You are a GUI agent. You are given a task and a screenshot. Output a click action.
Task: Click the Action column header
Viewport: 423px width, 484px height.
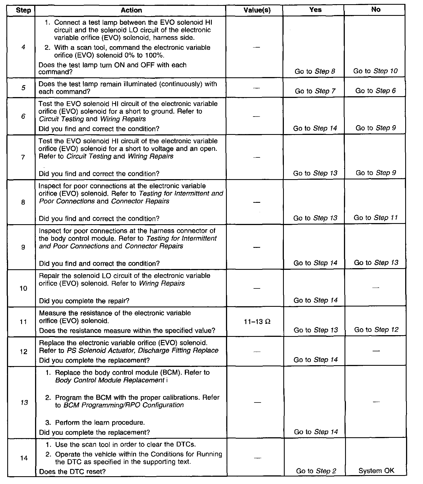(131, 10)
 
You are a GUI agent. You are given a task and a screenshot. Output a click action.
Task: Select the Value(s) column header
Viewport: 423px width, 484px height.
(257, 10)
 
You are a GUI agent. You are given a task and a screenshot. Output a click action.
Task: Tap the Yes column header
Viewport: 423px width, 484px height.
(315, 10)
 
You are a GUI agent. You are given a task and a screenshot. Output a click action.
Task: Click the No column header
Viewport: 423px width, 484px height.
(376, 9)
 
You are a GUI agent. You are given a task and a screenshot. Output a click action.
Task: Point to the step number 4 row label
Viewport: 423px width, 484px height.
(23, 47)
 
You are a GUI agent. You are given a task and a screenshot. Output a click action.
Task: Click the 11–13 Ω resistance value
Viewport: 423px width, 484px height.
(257, 322)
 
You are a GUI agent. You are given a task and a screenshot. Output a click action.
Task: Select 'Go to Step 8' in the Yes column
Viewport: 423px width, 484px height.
(315, 71)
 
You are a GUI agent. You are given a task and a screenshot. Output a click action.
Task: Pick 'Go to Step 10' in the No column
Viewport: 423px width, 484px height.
(375, 71)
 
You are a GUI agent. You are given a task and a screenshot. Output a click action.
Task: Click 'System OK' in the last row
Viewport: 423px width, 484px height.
(376, 471)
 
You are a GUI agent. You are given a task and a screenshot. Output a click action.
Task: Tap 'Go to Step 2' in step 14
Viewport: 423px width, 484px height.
(316, 471)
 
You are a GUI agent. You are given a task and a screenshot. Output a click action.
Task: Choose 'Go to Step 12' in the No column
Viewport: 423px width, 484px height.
(376, 330)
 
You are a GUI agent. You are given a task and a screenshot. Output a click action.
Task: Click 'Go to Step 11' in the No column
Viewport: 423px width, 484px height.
(375, 218)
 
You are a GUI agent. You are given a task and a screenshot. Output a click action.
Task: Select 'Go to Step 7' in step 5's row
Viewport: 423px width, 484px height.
(315, 91)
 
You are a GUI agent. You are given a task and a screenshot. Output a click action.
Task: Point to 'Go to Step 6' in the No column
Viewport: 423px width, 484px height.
(375, 91)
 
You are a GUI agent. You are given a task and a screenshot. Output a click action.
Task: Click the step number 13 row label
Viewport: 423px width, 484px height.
(24, 402)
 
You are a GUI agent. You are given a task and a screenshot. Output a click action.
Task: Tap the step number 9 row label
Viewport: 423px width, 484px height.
(23, 247)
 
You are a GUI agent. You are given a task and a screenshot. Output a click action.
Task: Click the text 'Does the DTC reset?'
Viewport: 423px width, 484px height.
(72, 471)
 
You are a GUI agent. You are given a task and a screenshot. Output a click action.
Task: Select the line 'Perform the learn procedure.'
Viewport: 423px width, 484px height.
(100, 423)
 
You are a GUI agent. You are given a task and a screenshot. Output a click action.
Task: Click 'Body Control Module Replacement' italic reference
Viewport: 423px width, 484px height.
(110, 380)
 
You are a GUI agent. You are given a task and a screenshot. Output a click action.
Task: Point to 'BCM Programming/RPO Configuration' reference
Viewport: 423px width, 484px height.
(124, 405)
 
